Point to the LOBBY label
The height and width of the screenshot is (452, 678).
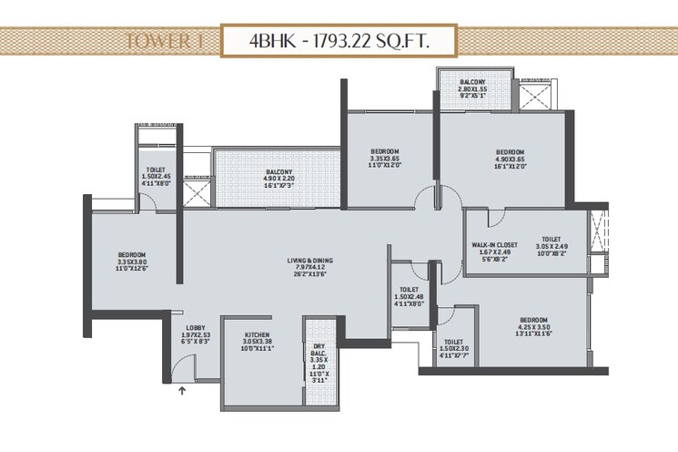coord(195,327)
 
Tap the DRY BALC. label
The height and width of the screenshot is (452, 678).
coord(319,348)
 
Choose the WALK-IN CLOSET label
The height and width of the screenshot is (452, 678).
coord(495,245)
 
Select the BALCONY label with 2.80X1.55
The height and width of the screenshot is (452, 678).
coord(472,82)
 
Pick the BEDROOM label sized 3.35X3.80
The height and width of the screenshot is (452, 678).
coord(132,254)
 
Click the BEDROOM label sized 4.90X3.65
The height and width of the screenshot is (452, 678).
coord(510,151)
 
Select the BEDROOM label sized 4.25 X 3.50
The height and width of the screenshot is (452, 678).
coord(533,320)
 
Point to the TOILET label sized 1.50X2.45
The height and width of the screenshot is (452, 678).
coord(155,169)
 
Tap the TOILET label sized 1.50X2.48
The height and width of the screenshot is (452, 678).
coord(408,287)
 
